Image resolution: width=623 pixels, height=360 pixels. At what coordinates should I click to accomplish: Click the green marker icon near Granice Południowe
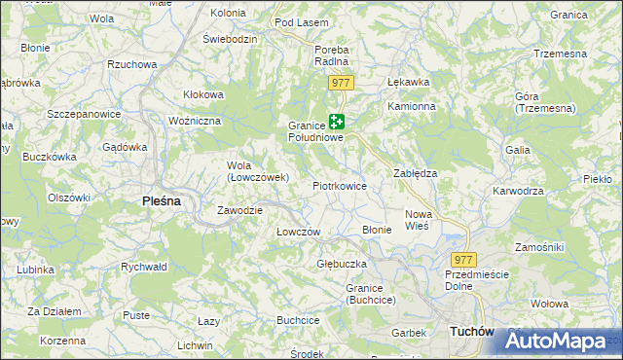337,123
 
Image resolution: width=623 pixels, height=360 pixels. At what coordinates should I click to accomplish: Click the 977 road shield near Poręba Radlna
340,83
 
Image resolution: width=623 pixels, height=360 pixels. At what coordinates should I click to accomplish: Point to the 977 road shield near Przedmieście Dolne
463,260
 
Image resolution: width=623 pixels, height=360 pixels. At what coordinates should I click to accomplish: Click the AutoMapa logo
556,341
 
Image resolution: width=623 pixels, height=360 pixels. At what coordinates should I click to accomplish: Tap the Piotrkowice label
339,185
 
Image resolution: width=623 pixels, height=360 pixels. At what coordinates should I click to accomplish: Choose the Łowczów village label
299,232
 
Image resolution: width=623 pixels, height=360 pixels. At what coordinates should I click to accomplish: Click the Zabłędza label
415,172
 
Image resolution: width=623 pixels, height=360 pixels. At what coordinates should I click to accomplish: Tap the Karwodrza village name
518,191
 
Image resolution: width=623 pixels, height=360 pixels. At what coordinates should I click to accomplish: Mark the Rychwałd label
144,266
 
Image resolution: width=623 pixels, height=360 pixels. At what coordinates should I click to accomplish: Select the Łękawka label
409,82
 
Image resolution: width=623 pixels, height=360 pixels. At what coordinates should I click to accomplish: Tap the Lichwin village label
195,345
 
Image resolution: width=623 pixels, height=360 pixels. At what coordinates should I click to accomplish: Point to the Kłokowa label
204,94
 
